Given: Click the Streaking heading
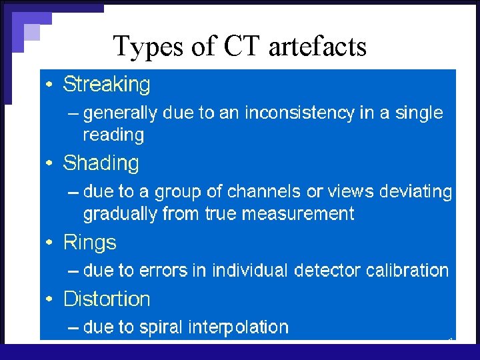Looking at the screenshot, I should coord(107,85).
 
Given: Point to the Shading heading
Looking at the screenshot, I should coord(101,163).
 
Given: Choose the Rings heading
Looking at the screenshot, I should coord(89,242).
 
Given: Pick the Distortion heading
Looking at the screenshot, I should coord(107,299).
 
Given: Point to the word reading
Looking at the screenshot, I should coord(113,135).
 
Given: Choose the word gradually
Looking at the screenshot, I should coord(117,214).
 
